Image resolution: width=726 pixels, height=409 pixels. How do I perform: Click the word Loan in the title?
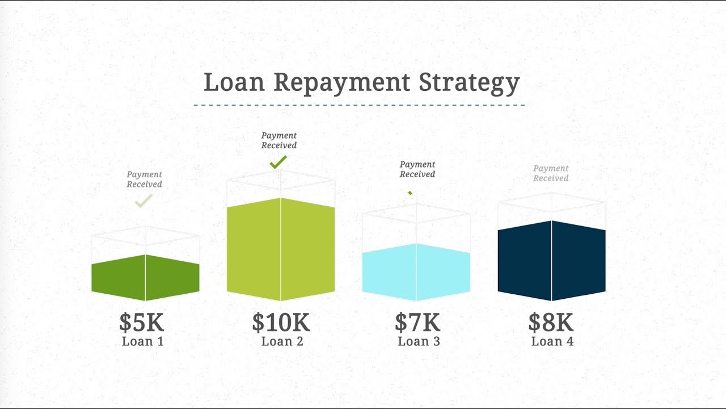234,82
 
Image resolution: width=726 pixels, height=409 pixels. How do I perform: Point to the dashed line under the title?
358,105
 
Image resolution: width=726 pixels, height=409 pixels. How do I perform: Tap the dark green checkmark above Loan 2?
277,163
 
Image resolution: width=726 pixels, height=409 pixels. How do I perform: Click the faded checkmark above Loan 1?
143,201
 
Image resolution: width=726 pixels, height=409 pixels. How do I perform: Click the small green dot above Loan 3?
410,193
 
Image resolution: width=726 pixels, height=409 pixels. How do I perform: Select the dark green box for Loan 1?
145,277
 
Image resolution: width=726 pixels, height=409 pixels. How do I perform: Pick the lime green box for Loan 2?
281,250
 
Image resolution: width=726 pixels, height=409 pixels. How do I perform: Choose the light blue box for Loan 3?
416,272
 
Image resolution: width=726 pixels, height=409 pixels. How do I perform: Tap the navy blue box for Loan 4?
551,261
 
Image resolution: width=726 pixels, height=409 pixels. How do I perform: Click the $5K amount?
141,323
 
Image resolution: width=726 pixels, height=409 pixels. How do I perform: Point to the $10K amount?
281,323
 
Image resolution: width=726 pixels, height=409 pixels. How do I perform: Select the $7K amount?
417,323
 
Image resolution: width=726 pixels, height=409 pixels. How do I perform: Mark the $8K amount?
551,323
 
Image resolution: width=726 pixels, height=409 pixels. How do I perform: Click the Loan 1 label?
142,341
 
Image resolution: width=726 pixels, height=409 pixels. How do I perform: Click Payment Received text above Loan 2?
278,140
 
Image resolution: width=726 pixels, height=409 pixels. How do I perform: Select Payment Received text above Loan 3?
417,169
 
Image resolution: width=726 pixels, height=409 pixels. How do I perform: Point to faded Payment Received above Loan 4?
551,173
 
